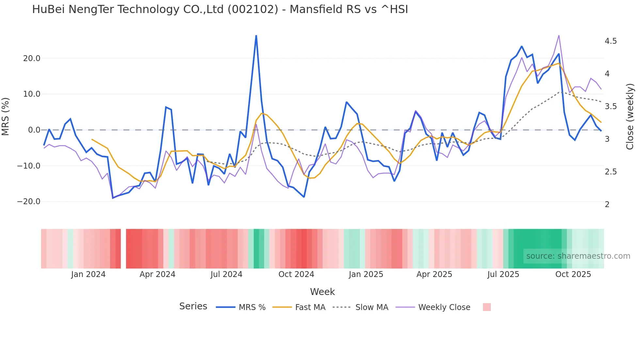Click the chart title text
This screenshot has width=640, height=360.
(x=220, y=9)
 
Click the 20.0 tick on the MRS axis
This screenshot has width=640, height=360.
(x=31, y=58)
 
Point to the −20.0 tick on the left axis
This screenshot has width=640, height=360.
(x=29, y=202)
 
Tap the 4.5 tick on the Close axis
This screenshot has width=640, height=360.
(x=611, y=41)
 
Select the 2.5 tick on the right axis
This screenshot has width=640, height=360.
(x=611, y=172)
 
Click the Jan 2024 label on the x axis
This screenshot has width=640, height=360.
(x=88, y=274)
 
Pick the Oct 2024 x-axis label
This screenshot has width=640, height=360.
(x=296, y=274)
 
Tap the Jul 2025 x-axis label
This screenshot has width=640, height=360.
(x=503, y=274)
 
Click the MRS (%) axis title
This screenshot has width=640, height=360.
(x=6, y=117)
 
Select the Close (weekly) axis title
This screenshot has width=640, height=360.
(x=630, y=117)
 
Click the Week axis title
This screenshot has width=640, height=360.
(x=322, y=292)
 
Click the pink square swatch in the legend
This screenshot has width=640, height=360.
(x=487, y=307)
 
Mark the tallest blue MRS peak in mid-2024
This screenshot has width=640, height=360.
(x=256, y=36)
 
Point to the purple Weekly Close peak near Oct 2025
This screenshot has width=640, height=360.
(x=559, y=36)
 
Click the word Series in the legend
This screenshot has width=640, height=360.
(x=193, y=306)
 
